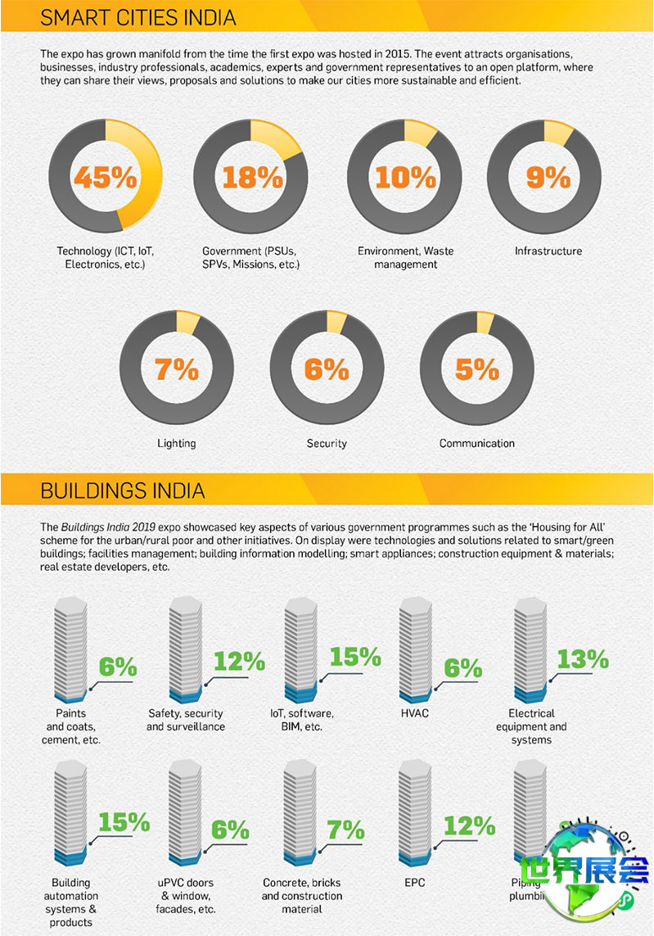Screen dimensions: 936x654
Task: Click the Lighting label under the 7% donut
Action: click(x=177, y=443)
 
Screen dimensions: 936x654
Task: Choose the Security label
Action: click(x=327, y=443)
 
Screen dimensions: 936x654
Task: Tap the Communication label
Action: click(x=477, y=443)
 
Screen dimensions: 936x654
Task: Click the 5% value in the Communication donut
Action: click(x=477, y=369)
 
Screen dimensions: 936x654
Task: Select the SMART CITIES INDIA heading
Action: click(x=138, y=16)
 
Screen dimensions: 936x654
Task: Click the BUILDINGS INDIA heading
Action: click(x=123, y=491)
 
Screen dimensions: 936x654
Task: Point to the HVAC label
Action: click(x=415, y=713)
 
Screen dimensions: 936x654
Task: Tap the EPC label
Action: click(x=414, y=883)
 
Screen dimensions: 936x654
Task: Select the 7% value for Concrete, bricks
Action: click(x=345, y=830)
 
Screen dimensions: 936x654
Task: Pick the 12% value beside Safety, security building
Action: click(x=239, y=661)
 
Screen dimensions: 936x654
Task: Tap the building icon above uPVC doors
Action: click(x=185, y=816)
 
